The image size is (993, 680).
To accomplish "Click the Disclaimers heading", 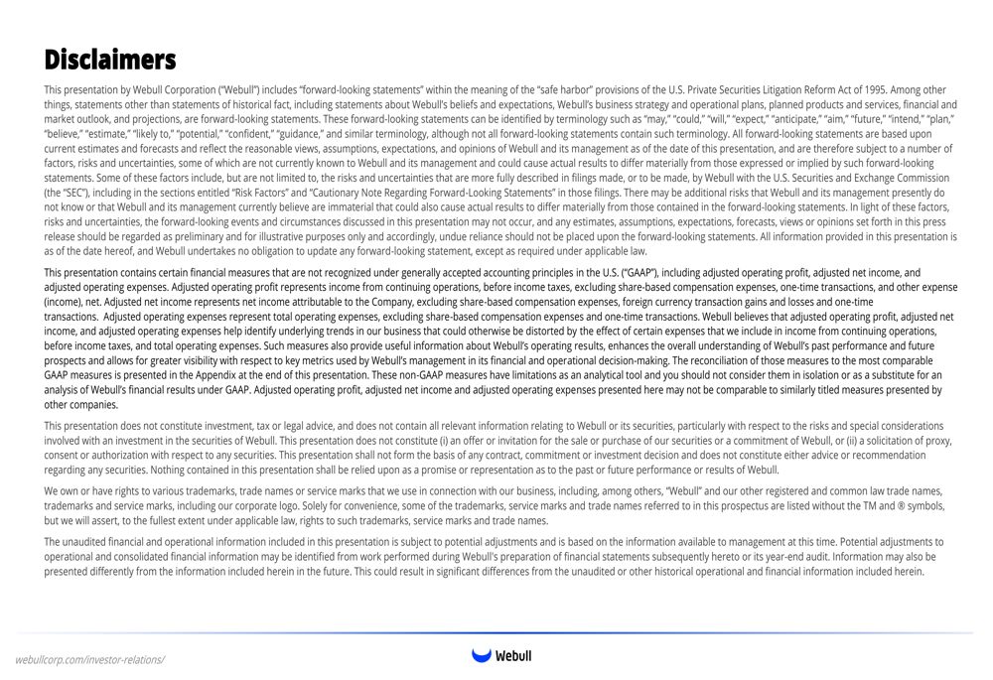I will [x=110, y=59].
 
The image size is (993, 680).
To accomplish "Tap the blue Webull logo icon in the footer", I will [x=482, y=655].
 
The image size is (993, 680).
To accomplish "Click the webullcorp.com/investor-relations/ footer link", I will [x=89, y=659].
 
